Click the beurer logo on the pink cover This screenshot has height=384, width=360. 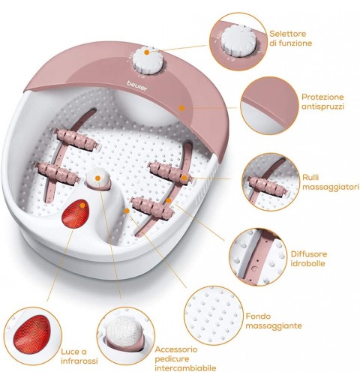click(137, 85)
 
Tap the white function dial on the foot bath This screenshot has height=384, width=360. click(149, 60)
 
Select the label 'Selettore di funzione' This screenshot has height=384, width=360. click(291, 38)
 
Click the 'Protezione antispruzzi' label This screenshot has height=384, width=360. click(322, 102)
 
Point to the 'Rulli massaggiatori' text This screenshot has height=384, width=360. click(331, 182)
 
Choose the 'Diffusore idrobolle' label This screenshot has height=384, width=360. click(309, 259)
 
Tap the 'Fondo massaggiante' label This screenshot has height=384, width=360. click(274, 321)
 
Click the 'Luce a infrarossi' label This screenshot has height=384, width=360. click(79, 356)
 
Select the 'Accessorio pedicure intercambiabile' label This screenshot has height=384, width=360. click(185, 358)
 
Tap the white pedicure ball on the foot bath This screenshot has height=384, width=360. click(97, 178)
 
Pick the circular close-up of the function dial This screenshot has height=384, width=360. click(238, 41)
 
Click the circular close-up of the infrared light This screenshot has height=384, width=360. click(33, 336)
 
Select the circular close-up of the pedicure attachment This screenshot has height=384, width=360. click(126, 336)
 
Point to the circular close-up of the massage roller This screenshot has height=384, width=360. click(271, 182)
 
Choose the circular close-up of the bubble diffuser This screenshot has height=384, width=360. click(259, 256)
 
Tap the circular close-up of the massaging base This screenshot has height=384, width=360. click(214, 315)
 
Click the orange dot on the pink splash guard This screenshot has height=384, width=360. click(181, 108)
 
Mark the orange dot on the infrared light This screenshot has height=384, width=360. click(82, 205)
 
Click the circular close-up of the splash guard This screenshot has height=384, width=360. click(270, 106)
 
